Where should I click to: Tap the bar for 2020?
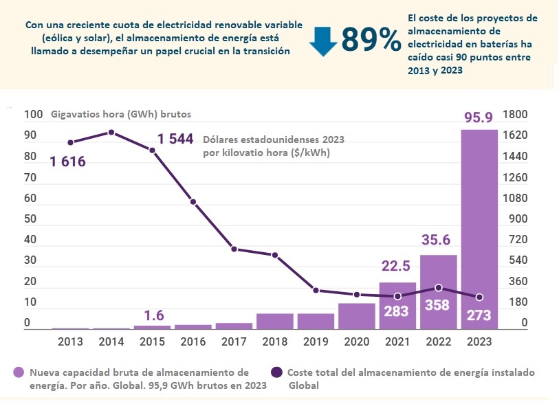(357, 316)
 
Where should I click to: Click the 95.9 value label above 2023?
(479, 117)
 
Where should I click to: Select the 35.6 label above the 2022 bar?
(438, 240)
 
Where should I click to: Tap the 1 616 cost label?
(67, 162)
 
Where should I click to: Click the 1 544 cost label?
(175, 139)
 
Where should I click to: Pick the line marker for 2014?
(111, 132)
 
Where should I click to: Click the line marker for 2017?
(234, 249)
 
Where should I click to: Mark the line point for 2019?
(316, 290)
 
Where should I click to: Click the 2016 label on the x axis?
(193, 341)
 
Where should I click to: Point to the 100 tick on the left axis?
(32, 114)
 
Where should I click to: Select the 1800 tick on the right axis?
(515, 114)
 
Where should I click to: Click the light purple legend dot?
(19, 372)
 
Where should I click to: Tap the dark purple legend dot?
(276, 372)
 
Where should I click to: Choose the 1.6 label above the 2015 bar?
(154, 315)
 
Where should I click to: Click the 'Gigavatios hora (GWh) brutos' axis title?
(121, 114)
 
